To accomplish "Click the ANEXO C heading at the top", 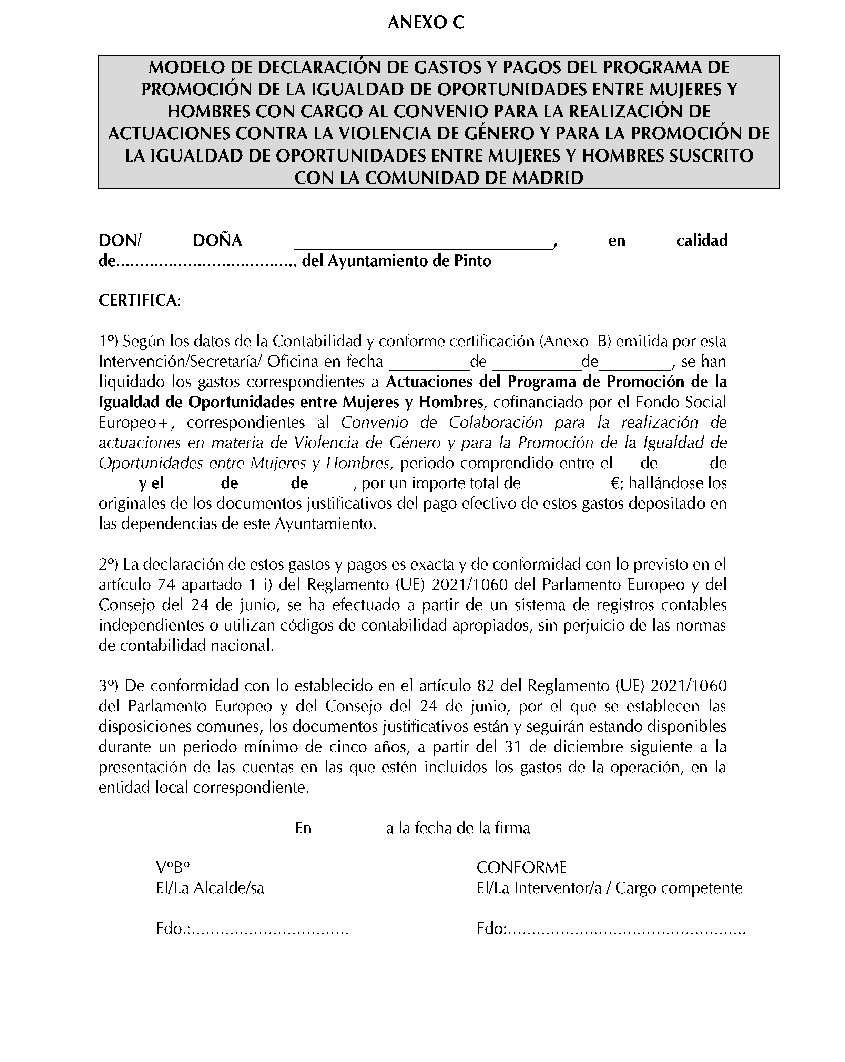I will pyautogui.click(x=426, y=23).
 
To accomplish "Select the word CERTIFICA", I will pyautogui.click(x=139, y=301).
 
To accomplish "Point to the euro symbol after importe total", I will pyautogui.click(x=615, y=483).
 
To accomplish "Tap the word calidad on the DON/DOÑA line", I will pyautogui.click(x=702, y=240).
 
